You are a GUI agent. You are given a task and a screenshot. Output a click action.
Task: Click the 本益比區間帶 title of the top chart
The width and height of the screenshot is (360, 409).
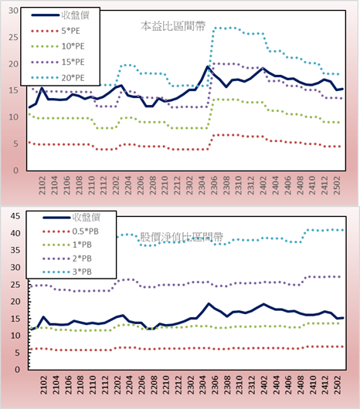(x=173, y=26)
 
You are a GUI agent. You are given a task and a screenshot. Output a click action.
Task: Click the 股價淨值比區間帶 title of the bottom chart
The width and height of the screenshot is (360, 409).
(x=182, y=237)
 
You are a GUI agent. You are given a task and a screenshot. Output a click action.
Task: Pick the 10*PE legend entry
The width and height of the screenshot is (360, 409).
(x=58, y=46)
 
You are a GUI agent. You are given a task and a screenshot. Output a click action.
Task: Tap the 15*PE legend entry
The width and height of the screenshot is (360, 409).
(x=58, y=62)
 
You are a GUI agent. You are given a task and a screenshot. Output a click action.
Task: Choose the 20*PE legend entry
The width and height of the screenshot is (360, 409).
(x=58, y=78)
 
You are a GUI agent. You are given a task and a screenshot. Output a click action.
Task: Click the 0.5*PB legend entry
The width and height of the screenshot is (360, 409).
(x=70, y=232)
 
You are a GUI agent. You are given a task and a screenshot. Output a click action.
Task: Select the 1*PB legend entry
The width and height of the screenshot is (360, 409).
(x=67, y=245)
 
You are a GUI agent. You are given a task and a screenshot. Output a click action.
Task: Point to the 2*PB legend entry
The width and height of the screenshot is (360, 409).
(x=67, y=259)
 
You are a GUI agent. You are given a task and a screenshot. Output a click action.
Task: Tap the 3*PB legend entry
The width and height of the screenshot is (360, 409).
(x=67, y=272)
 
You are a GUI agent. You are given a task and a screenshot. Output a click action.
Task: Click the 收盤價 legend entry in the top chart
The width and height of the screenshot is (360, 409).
(x=60, y=15)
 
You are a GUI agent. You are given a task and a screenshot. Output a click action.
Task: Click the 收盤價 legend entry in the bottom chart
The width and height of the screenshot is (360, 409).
(x=72, y=218)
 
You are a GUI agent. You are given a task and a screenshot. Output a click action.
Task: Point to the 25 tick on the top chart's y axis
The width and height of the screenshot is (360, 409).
(x=14, y=37)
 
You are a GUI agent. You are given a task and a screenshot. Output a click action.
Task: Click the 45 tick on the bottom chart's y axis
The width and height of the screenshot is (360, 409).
(x=15, y=216)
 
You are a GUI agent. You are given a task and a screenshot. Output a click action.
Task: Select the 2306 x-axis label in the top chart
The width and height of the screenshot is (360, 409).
(x=214, y=185)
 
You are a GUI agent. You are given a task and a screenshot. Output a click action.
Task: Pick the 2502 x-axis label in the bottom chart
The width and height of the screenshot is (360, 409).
(x=338, y=385)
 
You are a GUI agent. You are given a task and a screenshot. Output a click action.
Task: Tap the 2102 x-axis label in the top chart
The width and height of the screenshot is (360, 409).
(x=42, y=185)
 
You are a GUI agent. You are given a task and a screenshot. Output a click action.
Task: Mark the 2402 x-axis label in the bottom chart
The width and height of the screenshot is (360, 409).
(x=264, y=385)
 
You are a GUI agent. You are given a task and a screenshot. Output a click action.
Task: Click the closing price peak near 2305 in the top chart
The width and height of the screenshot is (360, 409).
(x=208, y=66)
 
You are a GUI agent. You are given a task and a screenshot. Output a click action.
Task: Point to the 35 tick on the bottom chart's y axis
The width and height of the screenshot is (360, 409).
(x=15, y=250)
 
